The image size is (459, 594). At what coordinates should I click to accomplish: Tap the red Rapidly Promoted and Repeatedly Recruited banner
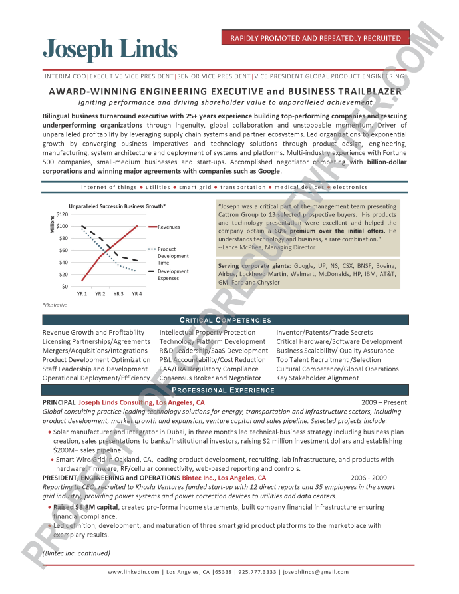click(x=315, y=38)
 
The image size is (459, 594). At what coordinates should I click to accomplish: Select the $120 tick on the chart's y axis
click(x=62, y=214)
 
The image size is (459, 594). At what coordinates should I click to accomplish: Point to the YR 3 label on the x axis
click(x=118, y=293)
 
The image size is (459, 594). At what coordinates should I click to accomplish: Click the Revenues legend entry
click(x=168, y=227)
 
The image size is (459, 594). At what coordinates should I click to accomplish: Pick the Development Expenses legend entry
click(x=172, y=275)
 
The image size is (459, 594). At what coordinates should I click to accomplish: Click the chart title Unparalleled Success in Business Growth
click(x=117, y=206)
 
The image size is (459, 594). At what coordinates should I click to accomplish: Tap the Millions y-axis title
click(x=51, y=225)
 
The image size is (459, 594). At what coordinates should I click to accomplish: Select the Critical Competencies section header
click(x=226, y=321)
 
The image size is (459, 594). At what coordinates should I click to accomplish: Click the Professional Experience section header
click(x=226, y=390)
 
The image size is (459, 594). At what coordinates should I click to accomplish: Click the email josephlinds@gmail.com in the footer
click(x=316, y=572)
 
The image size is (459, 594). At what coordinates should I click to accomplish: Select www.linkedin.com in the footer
click(x=134, y=572)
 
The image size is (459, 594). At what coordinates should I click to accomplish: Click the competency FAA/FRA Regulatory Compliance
click(x=208, y=369)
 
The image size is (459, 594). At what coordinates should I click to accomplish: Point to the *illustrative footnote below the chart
click(x=55, y=304)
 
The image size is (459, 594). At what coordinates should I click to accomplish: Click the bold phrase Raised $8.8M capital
click(x=81, y=507)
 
